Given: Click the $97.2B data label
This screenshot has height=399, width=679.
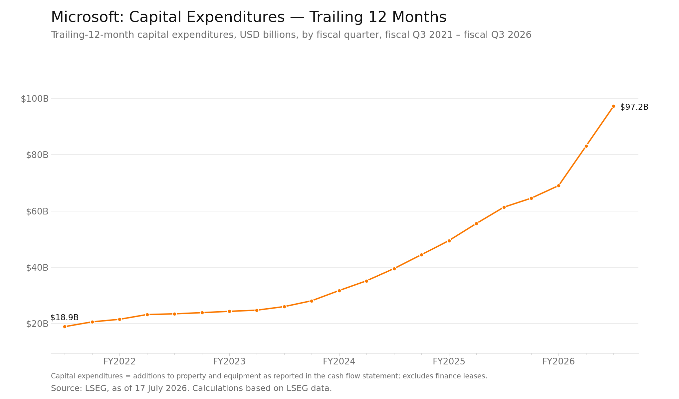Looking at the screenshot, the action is click(634, 107).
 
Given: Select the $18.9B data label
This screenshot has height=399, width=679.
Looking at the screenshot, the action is click(65, 318).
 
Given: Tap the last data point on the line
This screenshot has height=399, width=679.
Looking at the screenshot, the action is click(613, 106).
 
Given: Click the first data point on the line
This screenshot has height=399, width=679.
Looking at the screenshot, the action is click(65, 327).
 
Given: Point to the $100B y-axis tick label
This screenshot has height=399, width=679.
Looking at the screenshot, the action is click(35, 99).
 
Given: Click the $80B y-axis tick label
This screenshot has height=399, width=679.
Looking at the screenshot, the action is click(37, 155).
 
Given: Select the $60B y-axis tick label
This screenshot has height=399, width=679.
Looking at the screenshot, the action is click(37, 211).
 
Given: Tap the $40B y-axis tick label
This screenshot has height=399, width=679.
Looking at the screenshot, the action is click(37, 268).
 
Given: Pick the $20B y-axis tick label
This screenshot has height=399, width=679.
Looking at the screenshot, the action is click(37, 324).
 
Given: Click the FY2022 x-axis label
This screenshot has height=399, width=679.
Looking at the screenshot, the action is click(119, 361).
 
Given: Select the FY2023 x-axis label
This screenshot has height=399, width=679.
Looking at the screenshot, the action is click(229, 361).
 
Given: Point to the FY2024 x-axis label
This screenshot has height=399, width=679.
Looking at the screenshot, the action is click(339, 361).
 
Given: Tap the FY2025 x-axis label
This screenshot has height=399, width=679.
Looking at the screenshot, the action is click(449, 361).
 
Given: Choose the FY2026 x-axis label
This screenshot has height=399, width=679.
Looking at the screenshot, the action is click(559, 361).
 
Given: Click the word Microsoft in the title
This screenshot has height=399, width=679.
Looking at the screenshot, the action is click(88, 17).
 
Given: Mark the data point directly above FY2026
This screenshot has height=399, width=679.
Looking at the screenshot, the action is click(559, 186).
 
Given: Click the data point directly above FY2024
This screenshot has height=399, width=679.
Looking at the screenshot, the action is click(339, 291).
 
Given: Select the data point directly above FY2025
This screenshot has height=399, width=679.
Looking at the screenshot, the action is click(449, 241).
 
